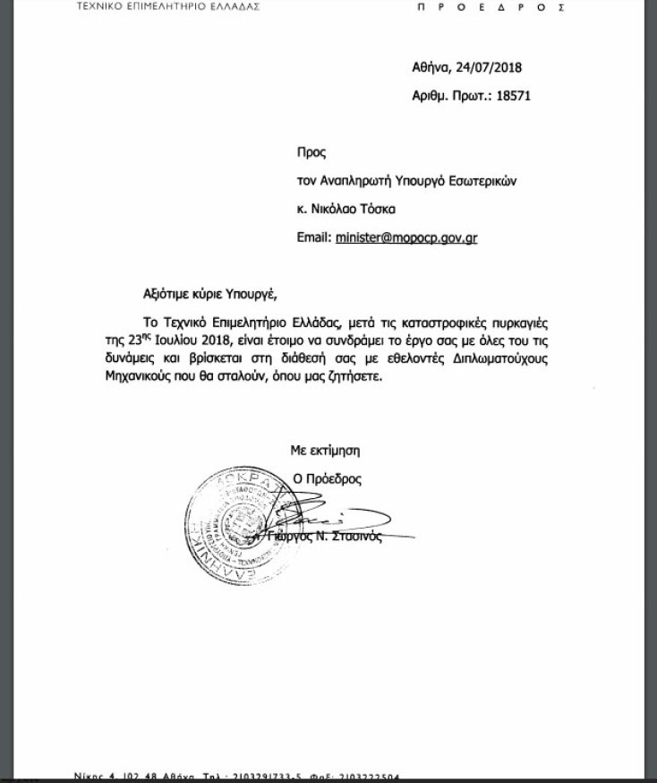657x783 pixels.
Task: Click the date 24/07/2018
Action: (490, 68)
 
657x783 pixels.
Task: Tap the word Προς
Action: (311, 153)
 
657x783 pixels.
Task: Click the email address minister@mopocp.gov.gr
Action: (405, 237)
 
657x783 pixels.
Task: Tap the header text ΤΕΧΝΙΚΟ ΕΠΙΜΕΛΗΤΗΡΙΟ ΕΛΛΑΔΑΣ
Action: (166, 5)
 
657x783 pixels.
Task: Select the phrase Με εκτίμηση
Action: (324, 451)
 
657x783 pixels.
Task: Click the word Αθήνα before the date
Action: (431, 68)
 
